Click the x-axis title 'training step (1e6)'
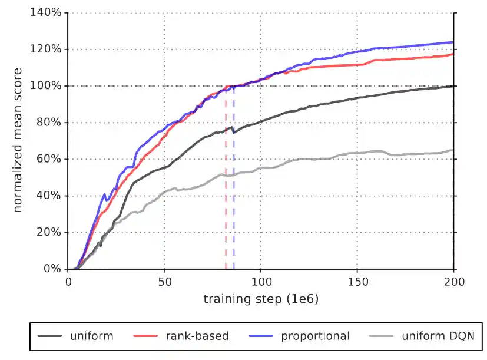pos(261,299)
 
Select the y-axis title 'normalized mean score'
pos(18,140)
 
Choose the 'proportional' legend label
pos(315,336)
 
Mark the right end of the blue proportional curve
pos(453,42)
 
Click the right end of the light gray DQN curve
pos(453,150)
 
